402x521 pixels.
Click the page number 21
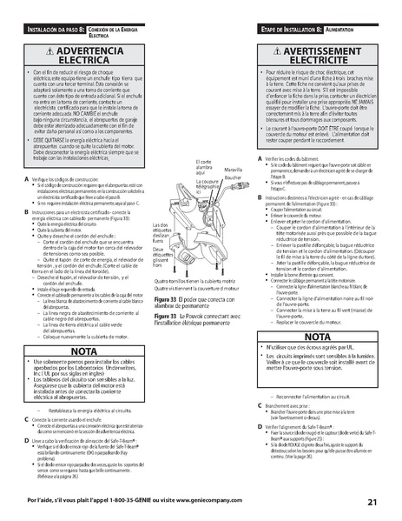pyautogui.click(x=372, y=501)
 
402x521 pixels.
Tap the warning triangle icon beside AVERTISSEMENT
pyautogui.click(x=272, y=51)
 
